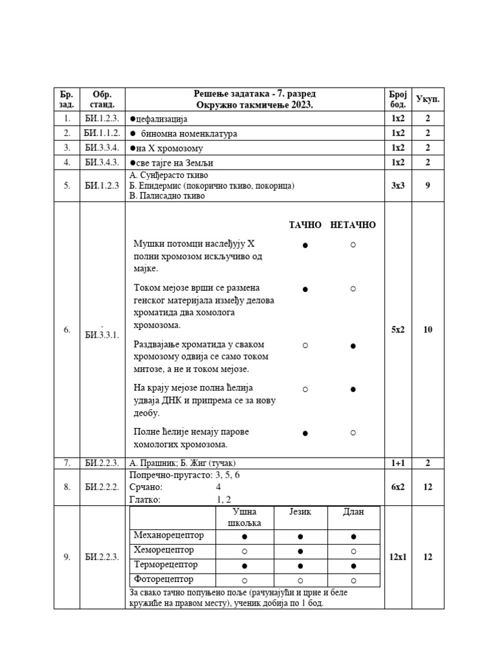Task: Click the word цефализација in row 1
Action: (x=160, y=119)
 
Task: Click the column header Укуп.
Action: (x=427, y=99)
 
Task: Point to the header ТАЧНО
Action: (x=305, y=225)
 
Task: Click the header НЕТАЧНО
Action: (x=353, y=225)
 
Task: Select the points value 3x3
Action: (x=398, y=185)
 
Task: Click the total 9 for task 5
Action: (x=427, y=185)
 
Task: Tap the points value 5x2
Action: (x=398, y=329)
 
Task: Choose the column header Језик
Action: (x=300, y=512)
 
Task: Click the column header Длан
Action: (x=353, y=512)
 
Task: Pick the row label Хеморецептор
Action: (x=163, y=550)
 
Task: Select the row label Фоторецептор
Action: (x=163, y=579)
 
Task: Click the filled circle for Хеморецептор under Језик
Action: (x=300, y=551)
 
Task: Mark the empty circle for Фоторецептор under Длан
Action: (x=353, y=580)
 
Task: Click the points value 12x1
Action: (x=398, y=558)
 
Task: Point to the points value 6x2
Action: (x=398, y=487)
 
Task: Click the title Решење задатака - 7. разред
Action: (x=255, y=94)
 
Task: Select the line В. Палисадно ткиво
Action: (x=167, y=196)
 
